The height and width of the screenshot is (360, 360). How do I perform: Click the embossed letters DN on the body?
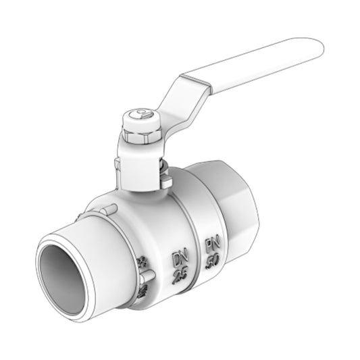(x=180, y=257)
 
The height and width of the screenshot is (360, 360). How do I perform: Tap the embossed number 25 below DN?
(x=180, y=275)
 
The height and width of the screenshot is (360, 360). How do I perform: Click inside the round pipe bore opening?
(x=63, y=271)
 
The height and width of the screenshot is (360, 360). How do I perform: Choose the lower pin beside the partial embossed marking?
(x=147, y=276)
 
